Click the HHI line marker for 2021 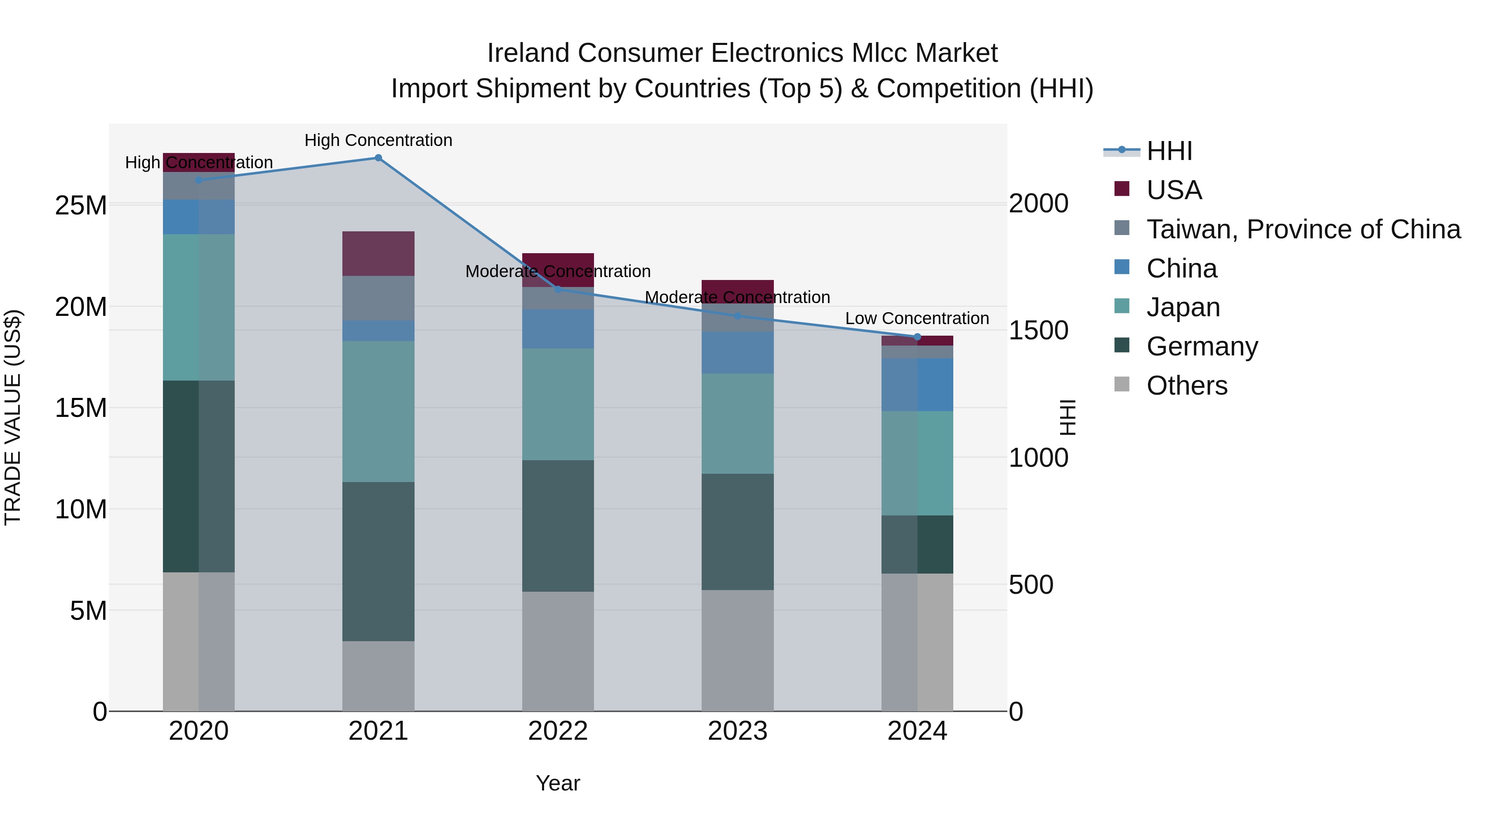click(x=378, y=158)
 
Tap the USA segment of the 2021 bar click(x=378, y=254)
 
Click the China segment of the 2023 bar click(x=737, y=352)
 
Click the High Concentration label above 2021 click(x=378, y=140)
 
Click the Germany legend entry click(x=1202, y=346)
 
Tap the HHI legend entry click(x=1169, y=151)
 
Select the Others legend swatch click(x=1122, y=384)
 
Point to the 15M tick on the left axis click(x=81, y=408)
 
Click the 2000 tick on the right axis click(x=1038, y=203)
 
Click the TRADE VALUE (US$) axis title click(x=13, y=417)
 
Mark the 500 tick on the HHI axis click(x=1031, y=585)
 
